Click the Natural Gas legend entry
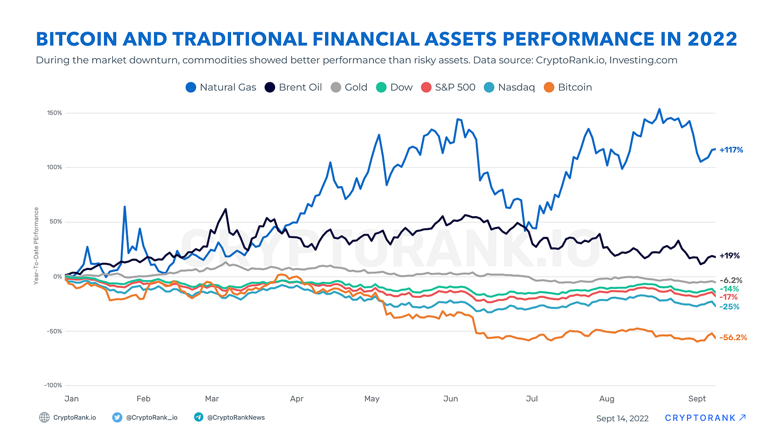221,87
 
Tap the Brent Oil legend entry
293,87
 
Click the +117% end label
731,150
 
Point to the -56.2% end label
733,337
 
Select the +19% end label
729,256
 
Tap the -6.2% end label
731,280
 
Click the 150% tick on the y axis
54,113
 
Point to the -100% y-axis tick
53,385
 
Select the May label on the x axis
372,399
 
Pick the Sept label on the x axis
697,399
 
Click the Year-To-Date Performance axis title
36,246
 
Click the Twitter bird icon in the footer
117,417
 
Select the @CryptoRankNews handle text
236,417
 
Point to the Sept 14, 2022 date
622,419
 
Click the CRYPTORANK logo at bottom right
705,418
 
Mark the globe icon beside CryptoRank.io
44,417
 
